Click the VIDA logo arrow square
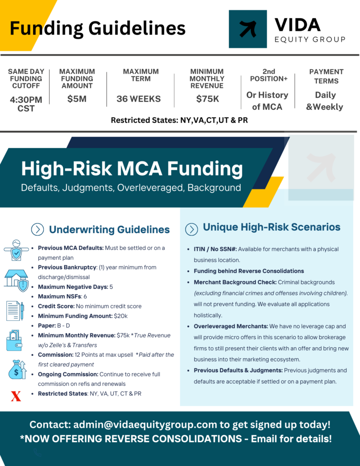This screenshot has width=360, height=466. click(248, 29)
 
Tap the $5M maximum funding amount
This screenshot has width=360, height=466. click(77, 99)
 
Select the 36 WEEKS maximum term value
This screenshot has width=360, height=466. click(138, 99)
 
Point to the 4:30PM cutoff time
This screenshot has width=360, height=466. click(26, 100)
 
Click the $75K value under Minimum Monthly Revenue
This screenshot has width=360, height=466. click(208, 99)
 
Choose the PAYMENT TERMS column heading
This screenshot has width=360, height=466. click(326, 76)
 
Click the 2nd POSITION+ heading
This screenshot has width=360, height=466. click(269, 75)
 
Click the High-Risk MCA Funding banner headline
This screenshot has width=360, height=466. click(132, 168)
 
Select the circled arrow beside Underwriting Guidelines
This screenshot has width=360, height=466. click(37, 229)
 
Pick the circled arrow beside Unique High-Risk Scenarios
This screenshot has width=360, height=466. click(192, 229)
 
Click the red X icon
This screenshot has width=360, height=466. click(16, 396)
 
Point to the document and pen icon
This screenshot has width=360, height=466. click(15, 311)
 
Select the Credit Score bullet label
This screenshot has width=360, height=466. click(56, 306)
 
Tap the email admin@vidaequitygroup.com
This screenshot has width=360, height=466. click(145, 425)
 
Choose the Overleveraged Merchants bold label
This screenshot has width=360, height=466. click(231, 326)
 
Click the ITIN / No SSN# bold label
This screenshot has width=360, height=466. click(215, 249)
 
